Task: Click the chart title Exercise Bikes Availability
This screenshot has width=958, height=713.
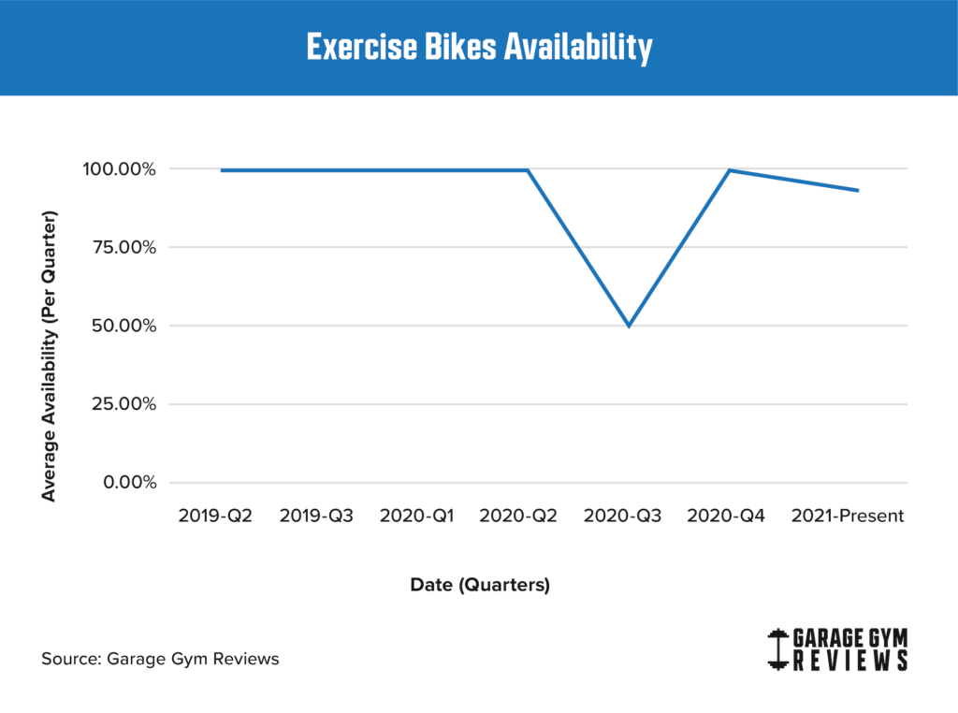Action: coord(479,48)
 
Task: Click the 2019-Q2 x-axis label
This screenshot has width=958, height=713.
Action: coord(215,516)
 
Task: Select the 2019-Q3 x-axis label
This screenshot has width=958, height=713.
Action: coord(316,516)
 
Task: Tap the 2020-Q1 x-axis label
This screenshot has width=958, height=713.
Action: coord(417,516)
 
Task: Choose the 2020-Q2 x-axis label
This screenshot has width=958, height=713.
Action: coord(518,516)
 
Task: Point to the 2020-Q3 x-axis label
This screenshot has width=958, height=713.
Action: coord(621,516)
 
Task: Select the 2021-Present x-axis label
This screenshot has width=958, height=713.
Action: coord(848,516)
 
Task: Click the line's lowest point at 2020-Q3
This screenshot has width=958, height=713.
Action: coord(629,326)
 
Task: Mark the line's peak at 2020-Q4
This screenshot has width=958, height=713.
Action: coord(730,170)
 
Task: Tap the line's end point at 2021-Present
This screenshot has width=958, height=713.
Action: coord(858,191)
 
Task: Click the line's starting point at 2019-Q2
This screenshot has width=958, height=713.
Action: coord(222,170)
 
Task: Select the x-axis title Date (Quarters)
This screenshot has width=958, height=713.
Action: coord(480,585)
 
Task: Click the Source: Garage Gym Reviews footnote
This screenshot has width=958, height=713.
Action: coord(160,659)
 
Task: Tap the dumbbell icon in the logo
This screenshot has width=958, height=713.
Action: coord(776,649)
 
